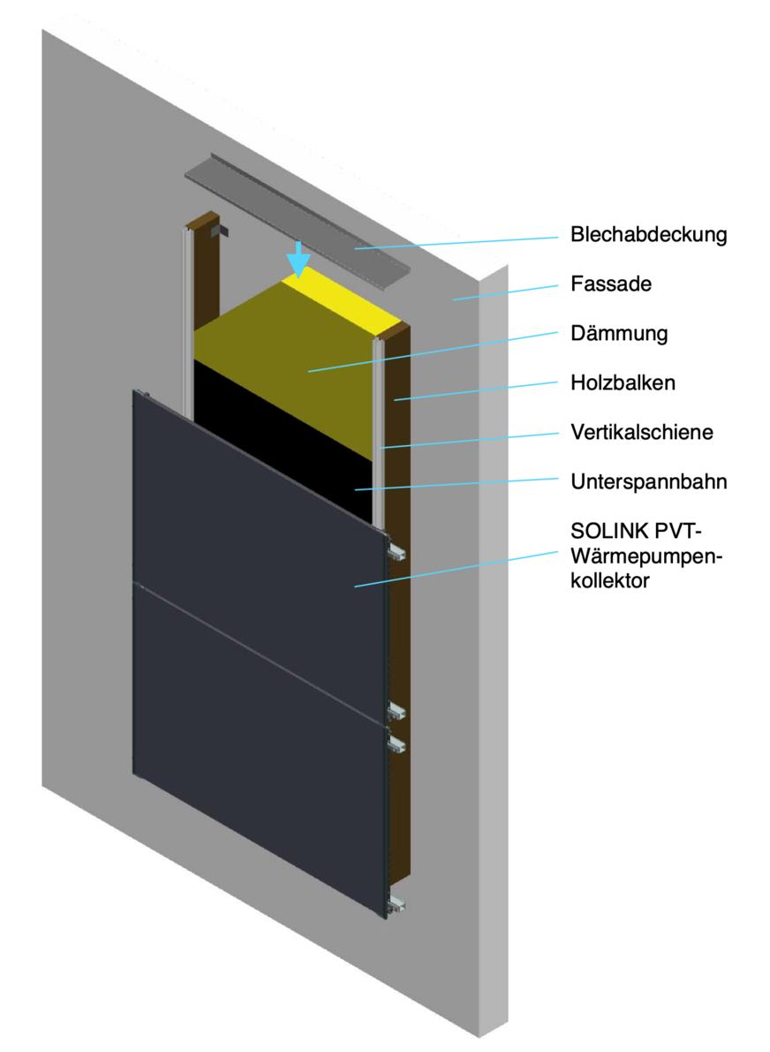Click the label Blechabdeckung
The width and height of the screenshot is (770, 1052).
(648, 236)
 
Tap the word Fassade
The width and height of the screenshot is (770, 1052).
(610, 285)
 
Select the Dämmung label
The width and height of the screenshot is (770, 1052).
(618, 335)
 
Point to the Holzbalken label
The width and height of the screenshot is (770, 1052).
(623, 384)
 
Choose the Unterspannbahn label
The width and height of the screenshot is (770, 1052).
(649, 483)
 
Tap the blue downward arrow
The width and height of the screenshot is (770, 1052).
(300, 260)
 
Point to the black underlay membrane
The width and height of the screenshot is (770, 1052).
(291, 442)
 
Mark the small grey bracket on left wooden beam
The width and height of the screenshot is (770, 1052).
(222, 231)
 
